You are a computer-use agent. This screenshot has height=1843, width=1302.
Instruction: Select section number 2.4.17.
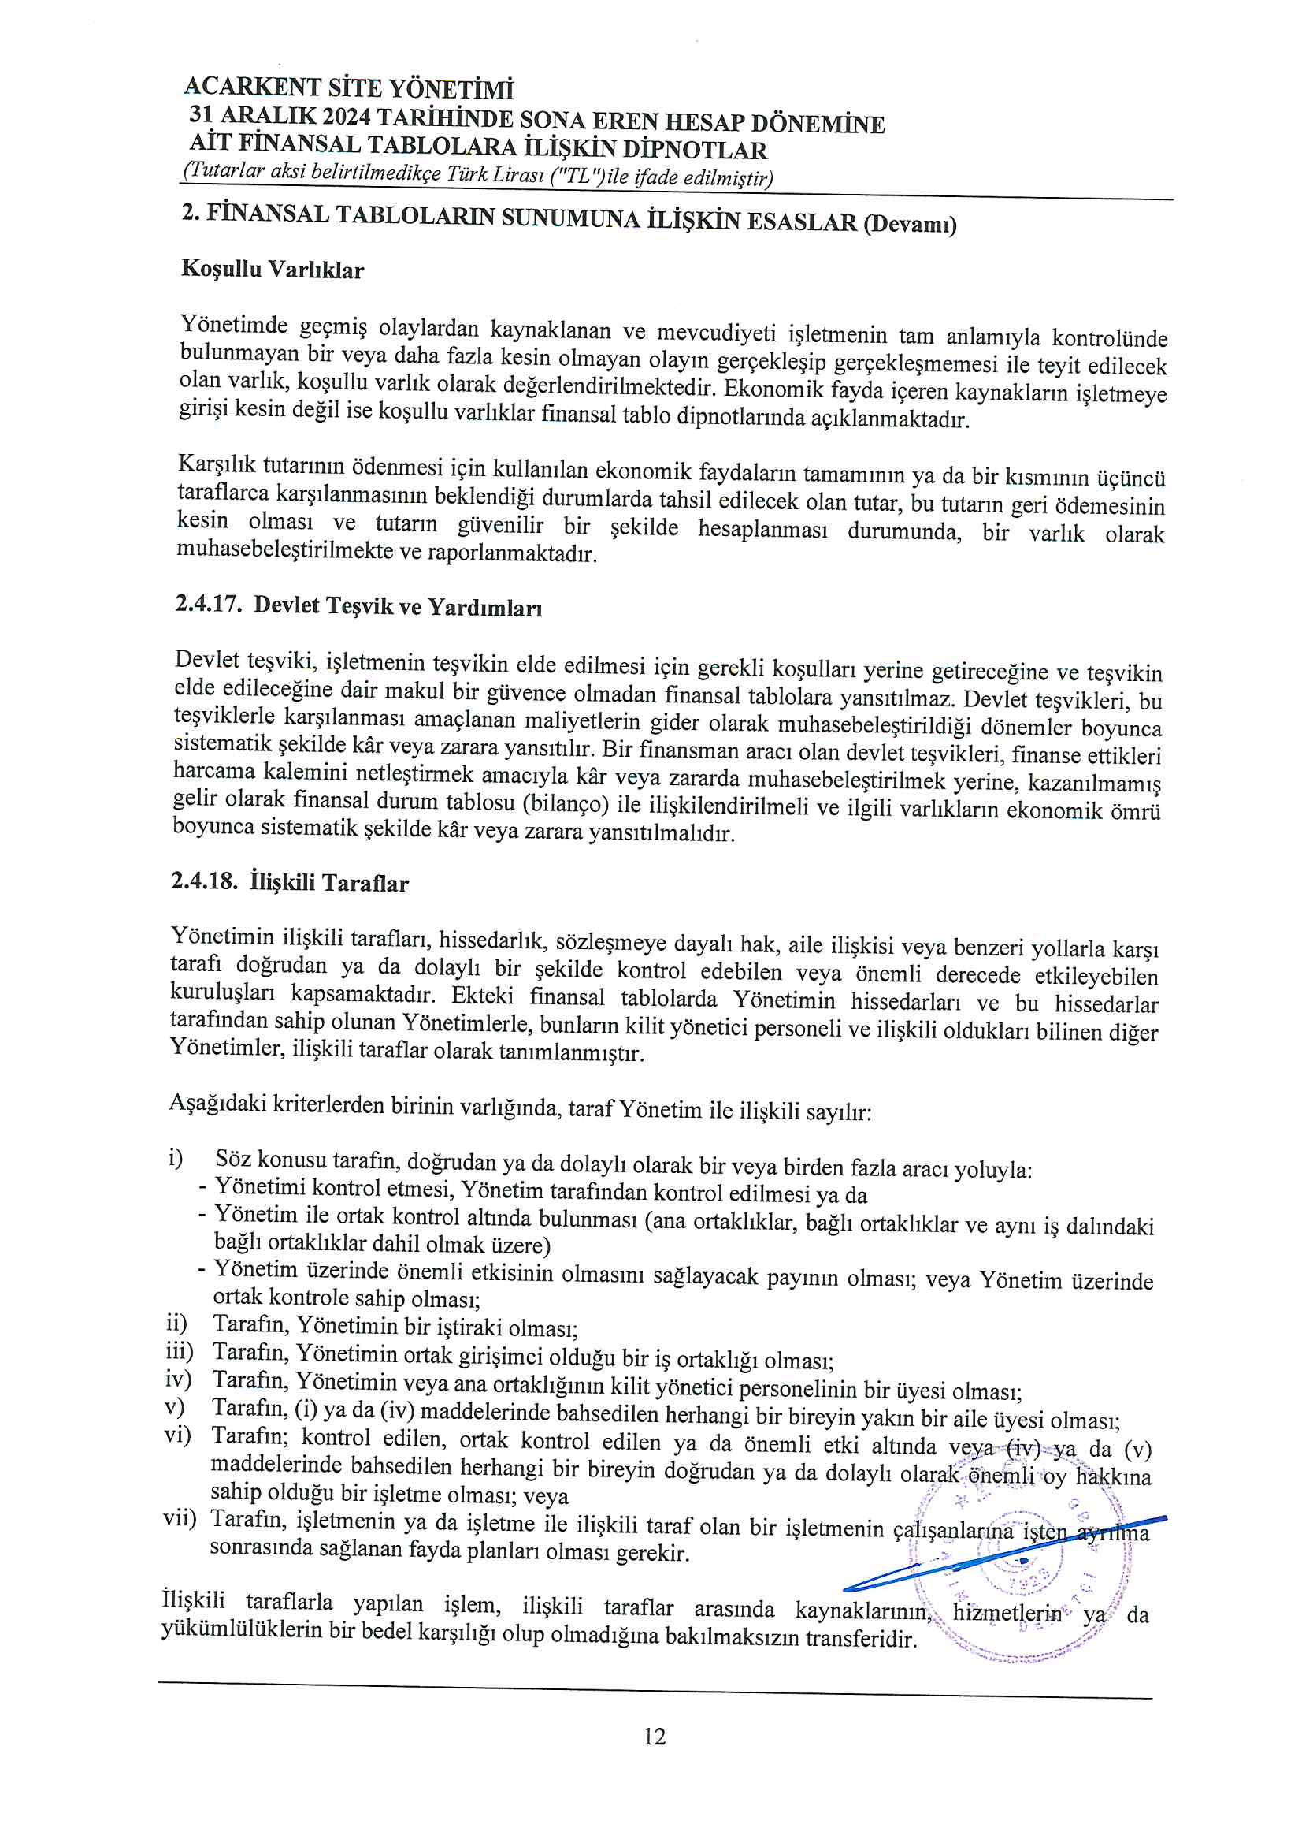click(x=208, y=603)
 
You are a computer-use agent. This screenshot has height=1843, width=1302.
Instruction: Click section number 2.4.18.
click(x=204, y=881)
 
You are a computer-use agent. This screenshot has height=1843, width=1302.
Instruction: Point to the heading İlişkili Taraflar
click(x=329, y=883)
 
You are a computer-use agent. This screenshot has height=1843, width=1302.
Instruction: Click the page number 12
click(x=654, y=1737)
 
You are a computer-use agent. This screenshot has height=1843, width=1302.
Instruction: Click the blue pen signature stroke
click(x=1003, y=1553)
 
